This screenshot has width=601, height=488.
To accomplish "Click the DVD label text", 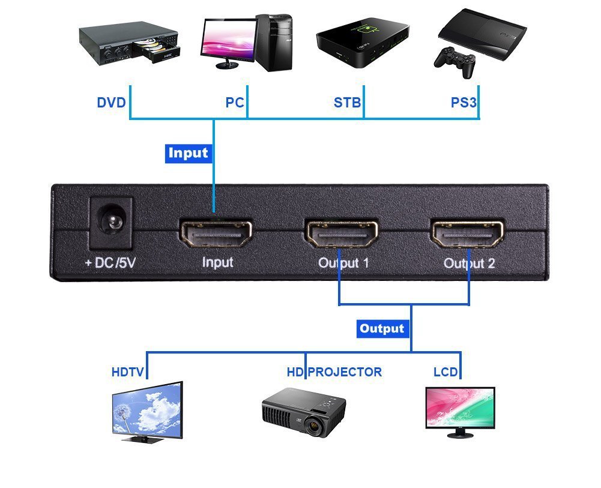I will click(111, 103).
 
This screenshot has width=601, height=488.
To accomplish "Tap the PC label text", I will click(234, 103).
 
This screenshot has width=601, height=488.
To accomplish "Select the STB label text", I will click(347, 103).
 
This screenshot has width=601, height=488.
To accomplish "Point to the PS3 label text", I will click(464, 103).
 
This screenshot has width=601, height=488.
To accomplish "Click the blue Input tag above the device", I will click(188, 153).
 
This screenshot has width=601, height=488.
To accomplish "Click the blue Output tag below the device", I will click(382, 328).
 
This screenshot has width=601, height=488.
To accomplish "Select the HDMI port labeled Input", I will click(216, 234).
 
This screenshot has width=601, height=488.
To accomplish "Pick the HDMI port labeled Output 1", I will click(341, 234).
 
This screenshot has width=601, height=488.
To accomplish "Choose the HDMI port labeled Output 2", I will click(467, 234).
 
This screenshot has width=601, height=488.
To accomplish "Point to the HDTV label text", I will click(127, 372).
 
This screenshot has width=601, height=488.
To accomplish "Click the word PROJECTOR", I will click(345, 372).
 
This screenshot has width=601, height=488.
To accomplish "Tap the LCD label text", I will click(445, 372).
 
